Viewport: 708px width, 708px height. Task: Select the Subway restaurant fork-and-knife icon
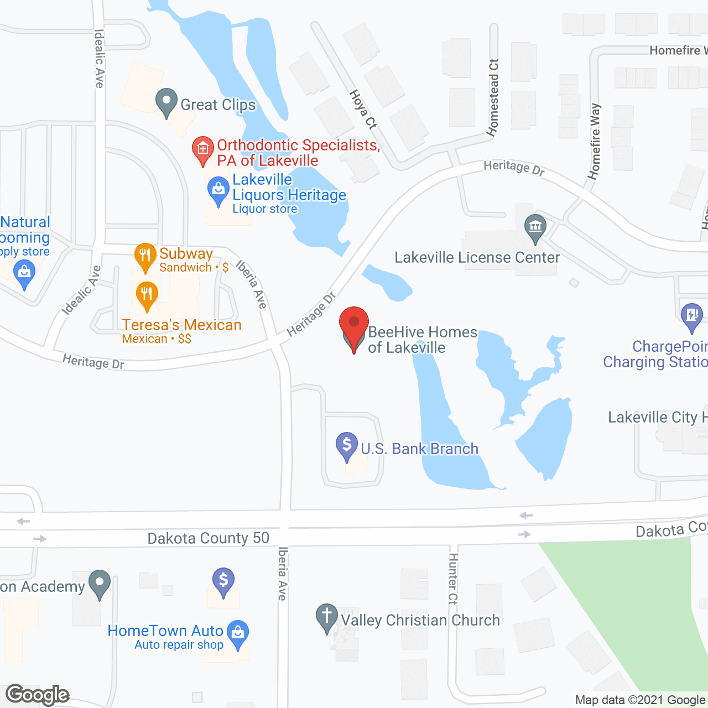tap(145, 256)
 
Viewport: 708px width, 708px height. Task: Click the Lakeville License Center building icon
tap(535, 227)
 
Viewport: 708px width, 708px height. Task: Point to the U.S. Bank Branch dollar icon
tap(347, 445)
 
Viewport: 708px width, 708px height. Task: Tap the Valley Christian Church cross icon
tap(326, 616)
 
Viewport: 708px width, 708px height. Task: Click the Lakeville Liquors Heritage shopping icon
tap(218, 190)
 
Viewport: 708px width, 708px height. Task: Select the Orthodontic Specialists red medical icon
tap(203, 149)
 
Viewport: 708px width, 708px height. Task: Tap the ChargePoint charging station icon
tap(691, 316)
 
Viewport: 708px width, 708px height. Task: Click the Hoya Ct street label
tap(363, 110)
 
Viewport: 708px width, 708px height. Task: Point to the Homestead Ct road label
tap(493, 97)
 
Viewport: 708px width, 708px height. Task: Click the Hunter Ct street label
tap(453, 578)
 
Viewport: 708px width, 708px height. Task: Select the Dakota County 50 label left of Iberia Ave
tap(208, 538)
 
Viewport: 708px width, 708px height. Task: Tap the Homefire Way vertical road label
tap(595, 142)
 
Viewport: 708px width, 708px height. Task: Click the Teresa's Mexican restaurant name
tap(182, 325)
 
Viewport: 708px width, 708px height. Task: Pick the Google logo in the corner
tap(38, 695)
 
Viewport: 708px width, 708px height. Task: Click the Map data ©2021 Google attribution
tap(640, 700)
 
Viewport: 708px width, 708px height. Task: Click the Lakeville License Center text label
tap(477, 258)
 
